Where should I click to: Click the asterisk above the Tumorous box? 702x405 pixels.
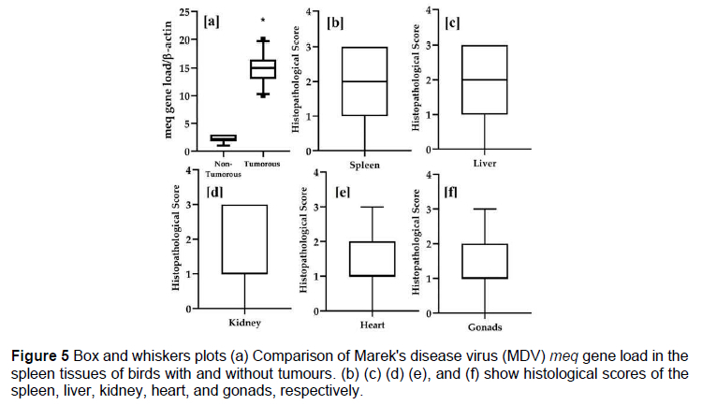pos(263,21)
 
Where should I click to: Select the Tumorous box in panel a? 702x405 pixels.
pos(262,68)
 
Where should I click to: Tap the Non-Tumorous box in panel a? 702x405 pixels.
pos(224,137)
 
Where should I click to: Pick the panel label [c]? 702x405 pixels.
pos(454,21)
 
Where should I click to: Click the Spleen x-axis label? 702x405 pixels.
pos(364,164)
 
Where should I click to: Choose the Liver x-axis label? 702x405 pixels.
pos(485,163)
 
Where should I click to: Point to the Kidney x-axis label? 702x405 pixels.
pos(244,323)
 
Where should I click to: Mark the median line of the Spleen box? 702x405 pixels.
pos(365,81)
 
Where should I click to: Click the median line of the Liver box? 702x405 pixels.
pos(485,80)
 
